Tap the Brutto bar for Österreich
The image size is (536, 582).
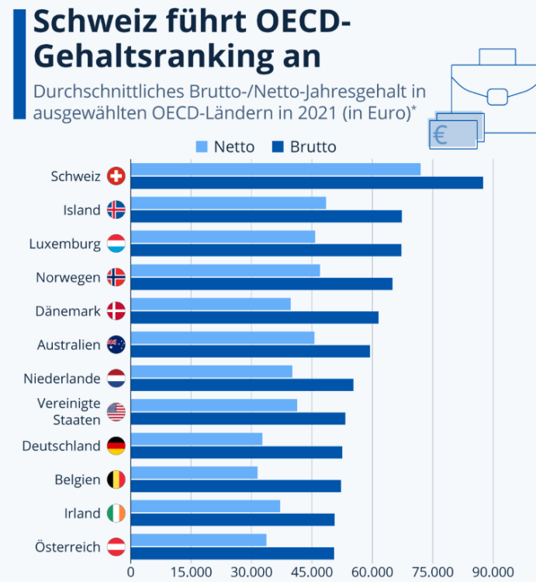[232, 553]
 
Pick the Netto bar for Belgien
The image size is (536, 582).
[194, 473]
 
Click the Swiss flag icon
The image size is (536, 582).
[116, 176]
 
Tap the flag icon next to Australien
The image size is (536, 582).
[116, 345]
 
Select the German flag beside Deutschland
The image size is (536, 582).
[116, 445]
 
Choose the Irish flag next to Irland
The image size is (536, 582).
[116, 513]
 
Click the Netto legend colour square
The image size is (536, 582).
[202, 146]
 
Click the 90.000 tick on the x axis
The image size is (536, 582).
[492, 573]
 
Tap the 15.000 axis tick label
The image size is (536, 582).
[191, 573]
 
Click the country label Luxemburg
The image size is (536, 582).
[65, 244]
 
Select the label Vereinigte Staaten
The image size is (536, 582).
[69, 411]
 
